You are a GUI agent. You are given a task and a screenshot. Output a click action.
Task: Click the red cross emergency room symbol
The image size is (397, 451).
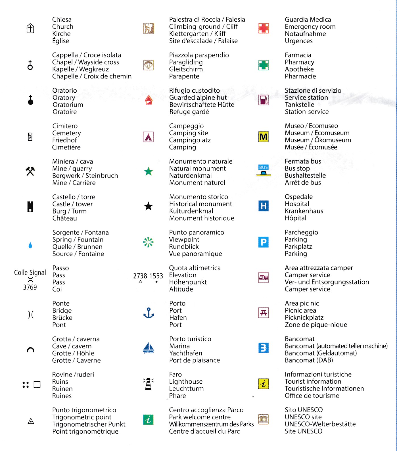tap(264, 28)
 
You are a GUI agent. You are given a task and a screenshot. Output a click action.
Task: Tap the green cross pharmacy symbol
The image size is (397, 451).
tap(264, 65)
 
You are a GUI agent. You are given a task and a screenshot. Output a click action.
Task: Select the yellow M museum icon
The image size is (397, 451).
tap(264, 137)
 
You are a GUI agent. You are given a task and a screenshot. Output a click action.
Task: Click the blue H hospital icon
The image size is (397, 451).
tap(264, 206)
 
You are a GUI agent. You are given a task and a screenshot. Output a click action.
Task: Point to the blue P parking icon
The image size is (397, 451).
tap(264, 242)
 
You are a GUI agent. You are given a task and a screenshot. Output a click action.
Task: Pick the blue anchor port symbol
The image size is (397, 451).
tap(149, 313)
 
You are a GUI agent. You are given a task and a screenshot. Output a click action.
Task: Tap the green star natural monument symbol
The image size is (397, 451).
tap(149, 171)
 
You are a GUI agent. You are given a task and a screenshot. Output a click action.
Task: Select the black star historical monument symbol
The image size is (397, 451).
tap(149, 206)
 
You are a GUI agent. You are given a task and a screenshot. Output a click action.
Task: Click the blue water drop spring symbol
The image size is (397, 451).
tap(30, 245)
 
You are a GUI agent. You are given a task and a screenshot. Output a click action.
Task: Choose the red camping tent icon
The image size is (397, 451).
tap(148, 137)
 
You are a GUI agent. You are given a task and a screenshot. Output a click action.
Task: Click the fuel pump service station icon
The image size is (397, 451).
tap(264, 100)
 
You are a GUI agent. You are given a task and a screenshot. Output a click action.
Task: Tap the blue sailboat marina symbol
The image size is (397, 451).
tap(149, 348)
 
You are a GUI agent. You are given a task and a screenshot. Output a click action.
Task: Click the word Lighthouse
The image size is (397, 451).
tap(186, 381)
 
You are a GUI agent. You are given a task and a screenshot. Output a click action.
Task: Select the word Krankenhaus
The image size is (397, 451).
tap(304, 211)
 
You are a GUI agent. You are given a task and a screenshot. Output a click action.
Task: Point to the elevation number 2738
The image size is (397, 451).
tap(140, 276)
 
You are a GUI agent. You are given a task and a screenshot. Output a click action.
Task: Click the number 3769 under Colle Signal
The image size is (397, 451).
tap(30, 287)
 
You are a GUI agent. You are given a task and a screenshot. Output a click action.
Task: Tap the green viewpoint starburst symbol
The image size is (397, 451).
tap(148, 242)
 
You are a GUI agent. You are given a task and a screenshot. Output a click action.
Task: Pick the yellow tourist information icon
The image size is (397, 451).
tap(264, 384)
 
